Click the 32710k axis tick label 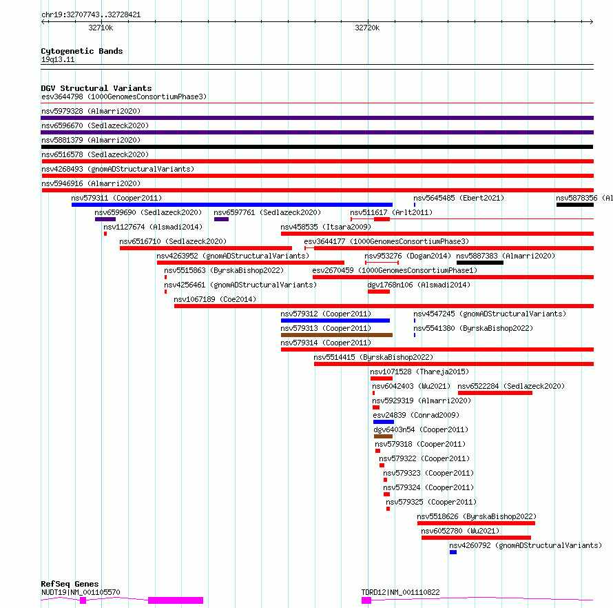[x=101, y=28]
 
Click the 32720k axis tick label [x=367, y=28]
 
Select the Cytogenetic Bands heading [x=82, y=51]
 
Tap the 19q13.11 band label [x=58, y=59]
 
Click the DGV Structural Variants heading [x=96, y=88]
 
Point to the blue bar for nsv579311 [x=232, y=205]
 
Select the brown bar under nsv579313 [x=337, y=335]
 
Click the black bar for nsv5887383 [x=479, y=263]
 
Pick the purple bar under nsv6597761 [x=221, y=219]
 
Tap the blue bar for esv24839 [x=384, y=422]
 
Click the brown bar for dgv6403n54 [x=383, y=436]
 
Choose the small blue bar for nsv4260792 [x=453, y=552]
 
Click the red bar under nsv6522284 [x=495, y=393]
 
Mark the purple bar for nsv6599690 [x=105, y=219]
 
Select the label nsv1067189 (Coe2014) [x=215, y=299]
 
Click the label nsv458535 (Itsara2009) [x=326, y=227]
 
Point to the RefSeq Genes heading [x=70, y=584]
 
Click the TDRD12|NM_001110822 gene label [x=400, y=592]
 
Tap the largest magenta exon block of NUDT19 [x=176, y=600]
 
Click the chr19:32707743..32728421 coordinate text [x=91, y=15]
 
